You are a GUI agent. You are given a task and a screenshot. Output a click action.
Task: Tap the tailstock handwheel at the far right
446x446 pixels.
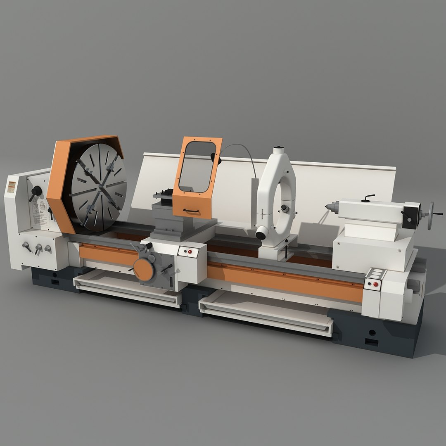coord(430,216)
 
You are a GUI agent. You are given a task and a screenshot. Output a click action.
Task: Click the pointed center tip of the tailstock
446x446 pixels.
coord(327,206)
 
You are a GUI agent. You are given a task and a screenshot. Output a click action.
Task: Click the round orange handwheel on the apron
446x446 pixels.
coord(144,270)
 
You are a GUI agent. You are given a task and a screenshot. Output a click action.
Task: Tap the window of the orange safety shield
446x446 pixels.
coord(197,167)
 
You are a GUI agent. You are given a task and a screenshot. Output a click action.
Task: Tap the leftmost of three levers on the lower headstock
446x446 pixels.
coord(27,247)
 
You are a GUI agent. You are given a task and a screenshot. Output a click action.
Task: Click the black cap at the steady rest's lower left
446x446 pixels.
coord(261,235)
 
